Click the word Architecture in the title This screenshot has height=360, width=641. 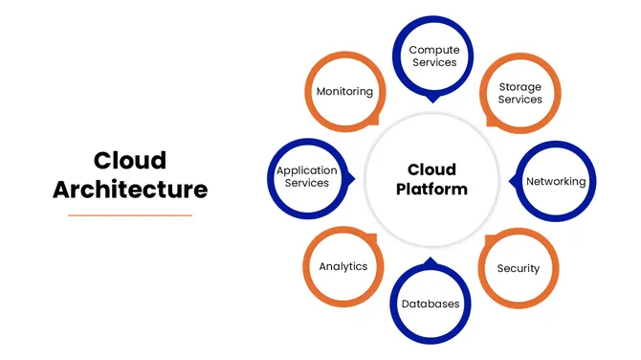coord(130,189)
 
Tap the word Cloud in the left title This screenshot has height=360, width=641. coord(130,159)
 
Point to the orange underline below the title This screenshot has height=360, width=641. coord(130,215)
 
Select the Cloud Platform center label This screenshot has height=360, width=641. coord(431,179)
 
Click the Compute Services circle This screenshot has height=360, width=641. coord(432,56)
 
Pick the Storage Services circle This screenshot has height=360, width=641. coord(519,93)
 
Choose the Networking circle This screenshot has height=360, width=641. coord(556,181)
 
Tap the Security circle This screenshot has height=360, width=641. coord(518,268)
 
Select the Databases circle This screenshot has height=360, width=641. coord(431,304)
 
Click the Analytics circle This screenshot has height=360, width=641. coord(343,266)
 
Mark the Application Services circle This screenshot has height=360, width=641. coord(307,177)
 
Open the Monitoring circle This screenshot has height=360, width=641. coord(344,92)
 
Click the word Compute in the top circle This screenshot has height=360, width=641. coord(432,49)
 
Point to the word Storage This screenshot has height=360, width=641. coord(519,87)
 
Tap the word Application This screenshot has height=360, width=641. coord(307,170)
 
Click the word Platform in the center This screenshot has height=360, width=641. coord(431,189)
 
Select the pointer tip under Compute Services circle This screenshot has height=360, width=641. coord(432,99)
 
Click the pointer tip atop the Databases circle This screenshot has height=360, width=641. coord(431,259)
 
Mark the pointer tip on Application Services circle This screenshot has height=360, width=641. coord(353,178)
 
